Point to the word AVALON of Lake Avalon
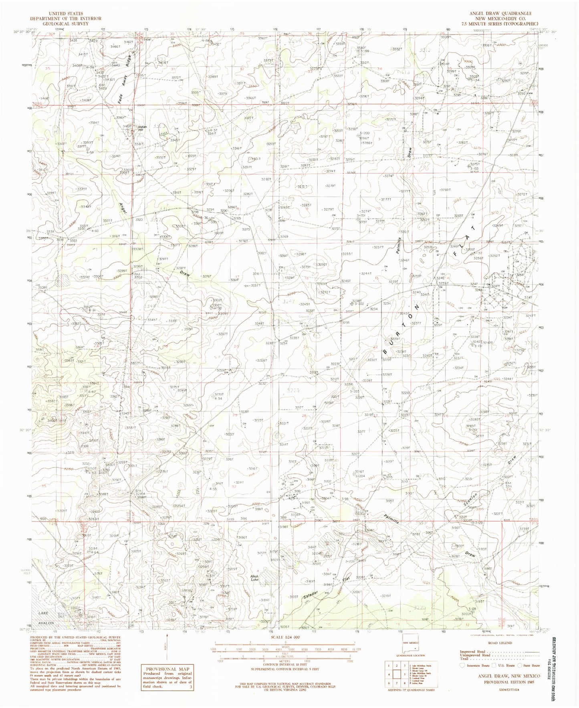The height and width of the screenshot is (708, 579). [47, 624]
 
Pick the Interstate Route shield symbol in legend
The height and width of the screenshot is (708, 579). [464, 666]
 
